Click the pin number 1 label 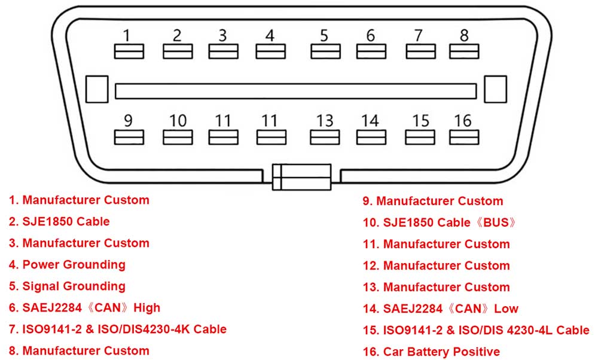coord(127,35)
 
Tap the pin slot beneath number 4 coord(270,51)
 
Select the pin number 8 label coord(464,35)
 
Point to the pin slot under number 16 coord(464,138)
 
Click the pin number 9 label coord(128,121)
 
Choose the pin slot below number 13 coord(325,138)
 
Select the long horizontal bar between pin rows coord(295,91)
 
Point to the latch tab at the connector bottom coord(301,177)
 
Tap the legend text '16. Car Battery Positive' coord(431,352)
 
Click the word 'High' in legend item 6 coord(147,308)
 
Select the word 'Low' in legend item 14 coord(506,309)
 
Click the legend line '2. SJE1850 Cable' coord(59,221)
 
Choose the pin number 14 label coord(370,121)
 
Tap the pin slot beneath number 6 coord(371,51)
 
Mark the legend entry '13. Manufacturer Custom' coord(437,287)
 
